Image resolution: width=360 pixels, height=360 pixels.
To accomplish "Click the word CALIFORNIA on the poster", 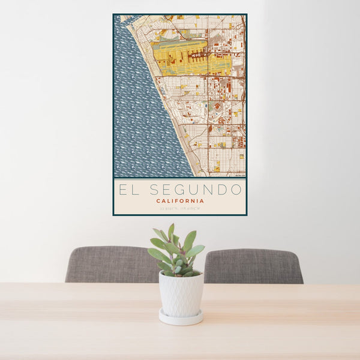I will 179,201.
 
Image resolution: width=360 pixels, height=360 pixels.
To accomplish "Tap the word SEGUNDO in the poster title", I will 197,190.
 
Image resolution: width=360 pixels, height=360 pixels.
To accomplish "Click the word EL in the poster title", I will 128,190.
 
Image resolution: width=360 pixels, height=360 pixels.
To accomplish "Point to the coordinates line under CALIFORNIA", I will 179,209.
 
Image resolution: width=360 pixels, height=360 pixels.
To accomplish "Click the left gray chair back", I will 111,265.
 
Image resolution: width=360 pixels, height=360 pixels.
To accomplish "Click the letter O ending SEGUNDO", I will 237,190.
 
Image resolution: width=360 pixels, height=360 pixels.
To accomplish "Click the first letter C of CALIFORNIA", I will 158,201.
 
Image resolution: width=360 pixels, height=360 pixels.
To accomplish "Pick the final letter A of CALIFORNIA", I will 202,201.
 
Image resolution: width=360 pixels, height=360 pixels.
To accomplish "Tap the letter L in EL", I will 136,190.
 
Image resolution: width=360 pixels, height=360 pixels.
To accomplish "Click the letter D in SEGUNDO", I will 223,190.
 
